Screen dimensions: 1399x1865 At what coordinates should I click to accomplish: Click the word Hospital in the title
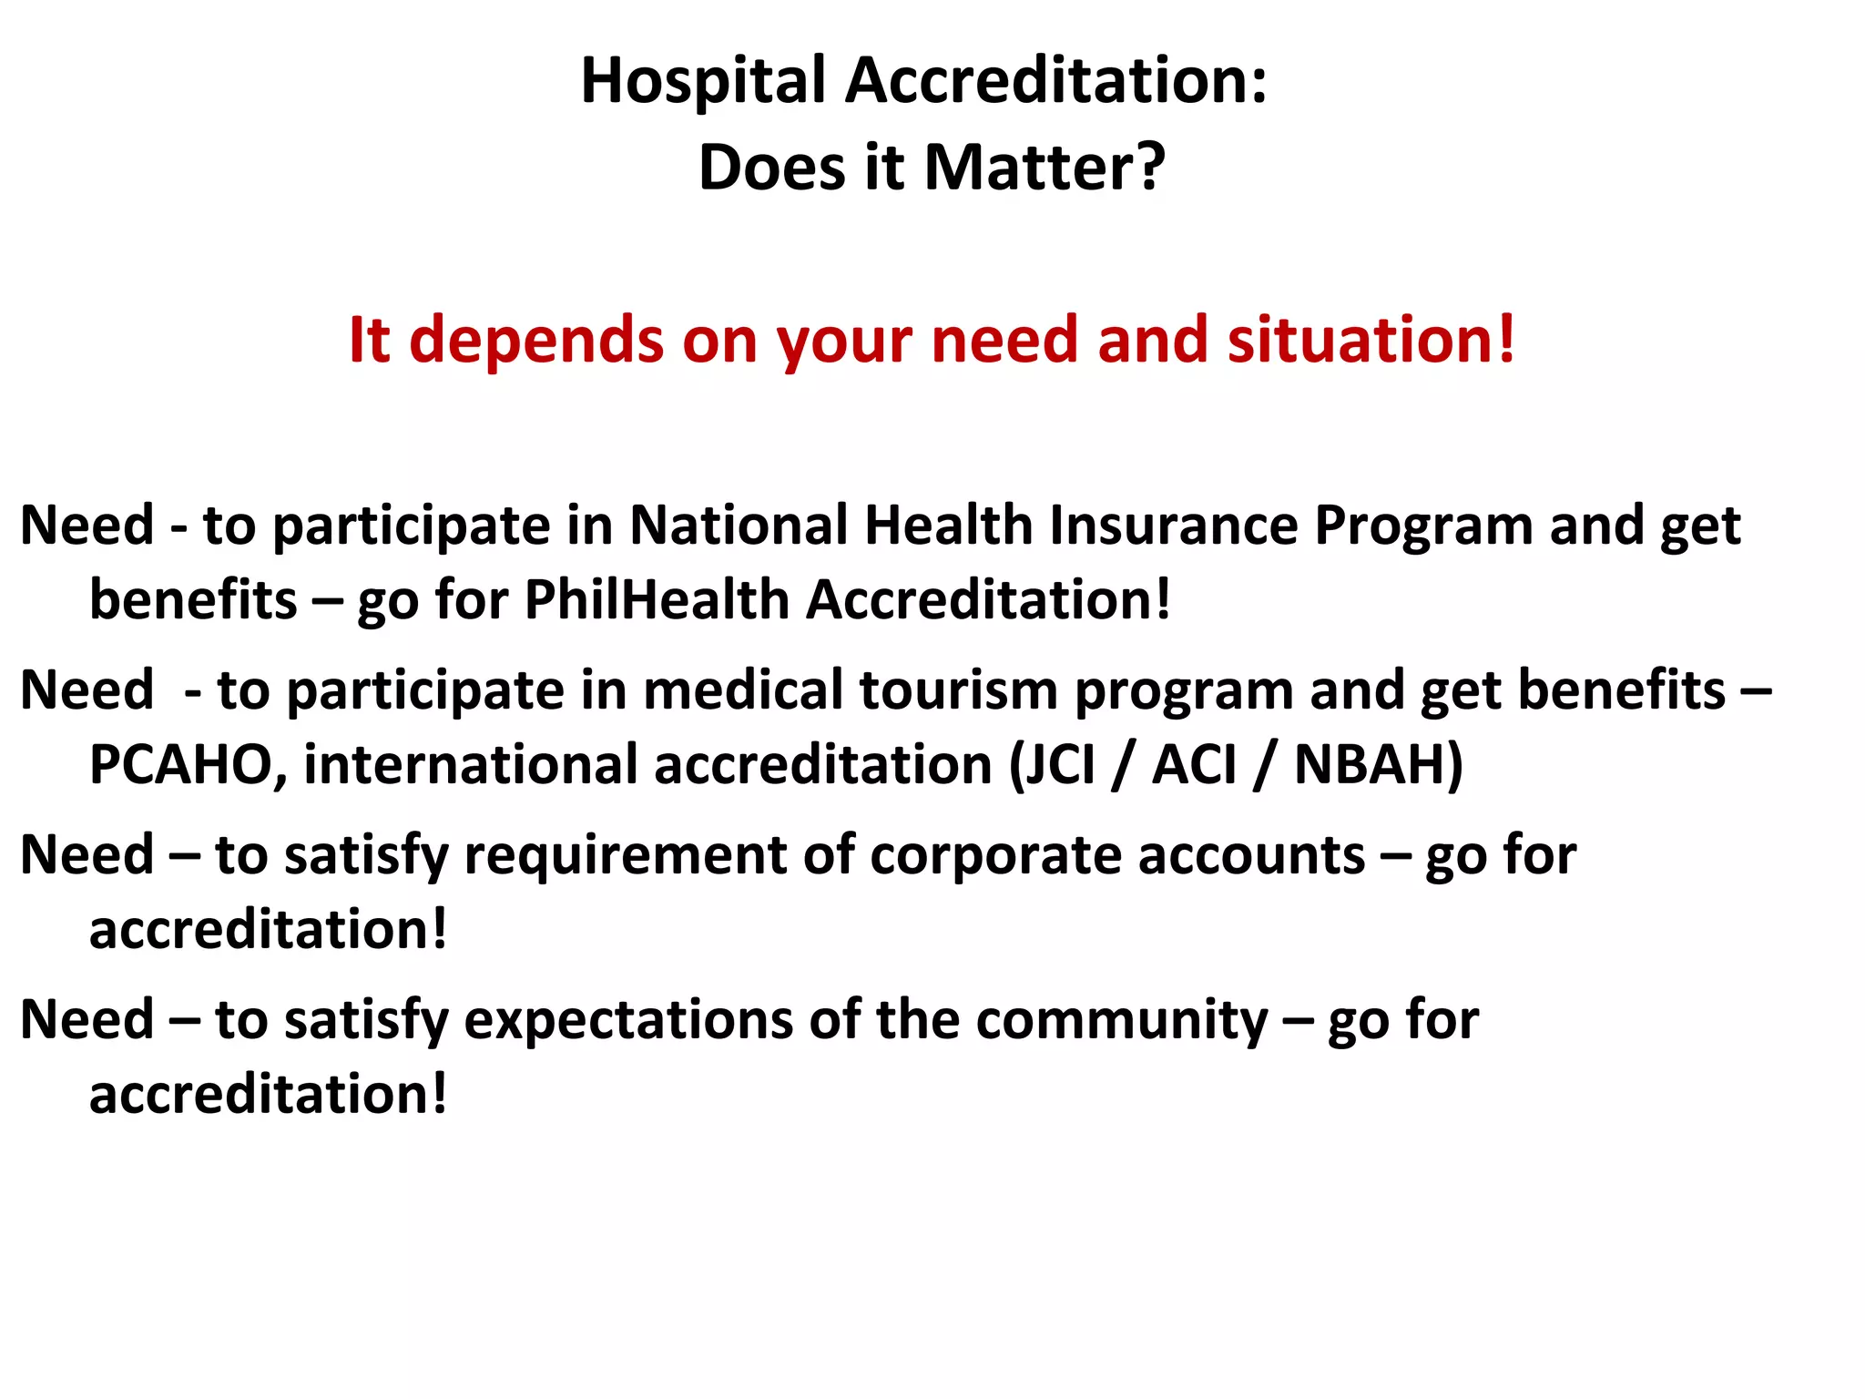[702, 82]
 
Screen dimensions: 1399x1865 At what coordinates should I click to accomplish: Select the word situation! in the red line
[1371, 340]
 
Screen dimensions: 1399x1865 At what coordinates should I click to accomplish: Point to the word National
[739, 526]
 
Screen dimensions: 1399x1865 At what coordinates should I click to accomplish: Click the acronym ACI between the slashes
[1194, 764]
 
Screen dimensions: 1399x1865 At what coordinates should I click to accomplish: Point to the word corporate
[994, 856]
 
